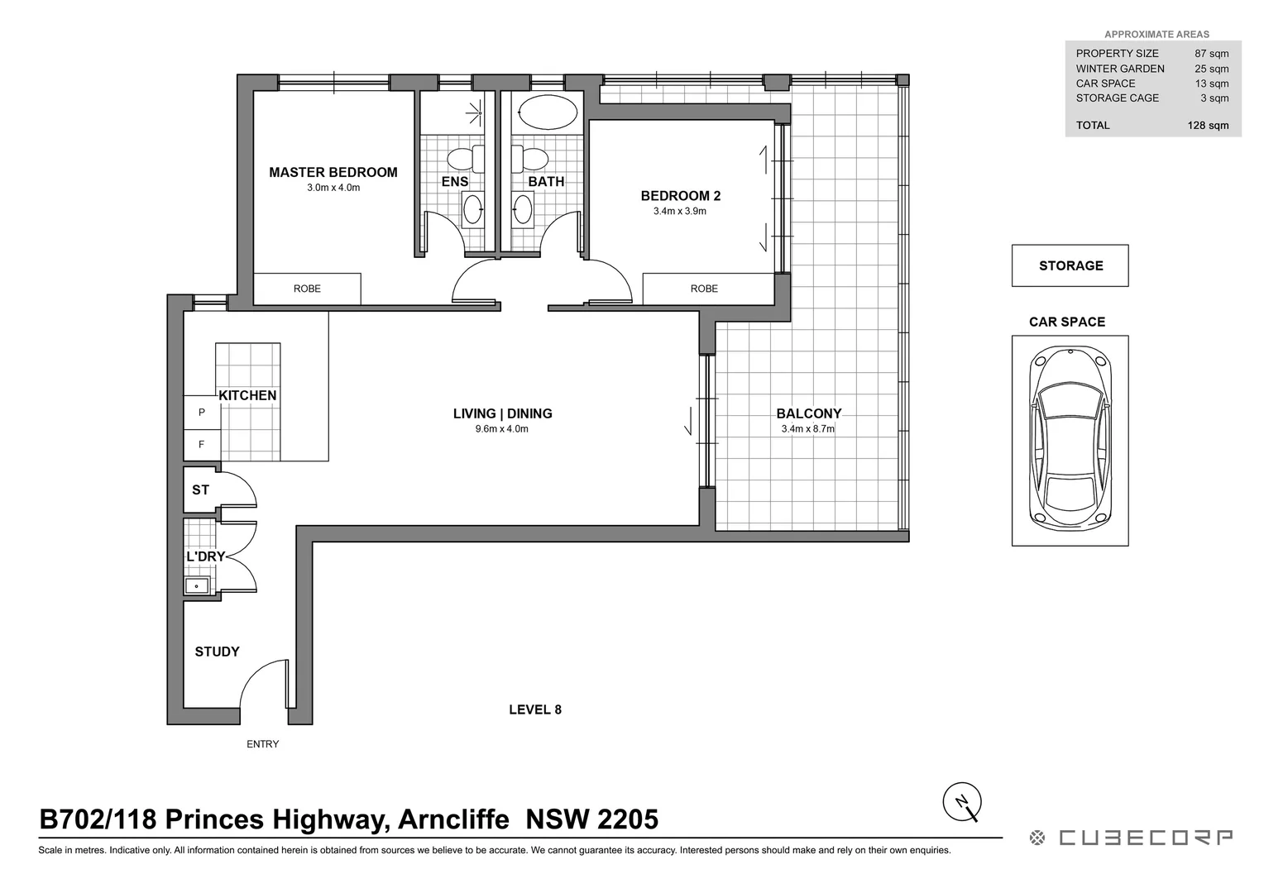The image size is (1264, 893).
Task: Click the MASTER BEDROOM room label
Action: tap(333, 172)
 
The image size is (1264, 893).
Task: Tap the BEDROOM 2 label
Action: tap(680, 196)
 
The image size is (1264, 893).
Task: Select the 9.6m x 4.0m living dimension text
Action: tap(501, 429)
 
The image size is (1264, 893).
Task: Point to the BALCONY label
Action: tap(808, 413)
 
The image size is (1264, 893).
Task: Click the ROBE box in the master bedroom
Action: tap(307, 289)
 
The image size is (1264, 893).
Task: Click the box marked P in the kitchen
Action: tap(201, 412)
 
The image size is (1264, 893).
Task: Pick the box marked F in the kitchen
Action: tap(201, 445)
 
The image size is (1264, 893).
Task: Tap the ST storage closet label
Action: tap(200, 489)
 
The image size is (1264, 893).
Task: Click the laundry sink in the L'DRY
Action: tap(198, 586)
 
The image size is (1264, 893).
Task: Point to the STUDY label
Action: tap(217, 652)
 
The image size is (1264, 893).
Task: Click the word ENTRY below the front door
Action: tap(262, 744)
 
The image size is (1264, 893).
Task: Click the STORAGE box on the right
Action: tap(1070, 265)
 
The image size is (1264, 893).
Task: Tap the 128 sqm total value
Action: tap(1208, 126)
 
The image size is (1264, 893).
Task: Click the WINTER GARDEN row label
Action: tap(1119, 69)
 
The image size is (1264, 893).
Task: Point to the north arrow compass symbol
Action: tap(962, 801)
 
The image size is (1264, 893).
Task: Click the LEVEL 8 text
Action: tap(535, 709)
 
